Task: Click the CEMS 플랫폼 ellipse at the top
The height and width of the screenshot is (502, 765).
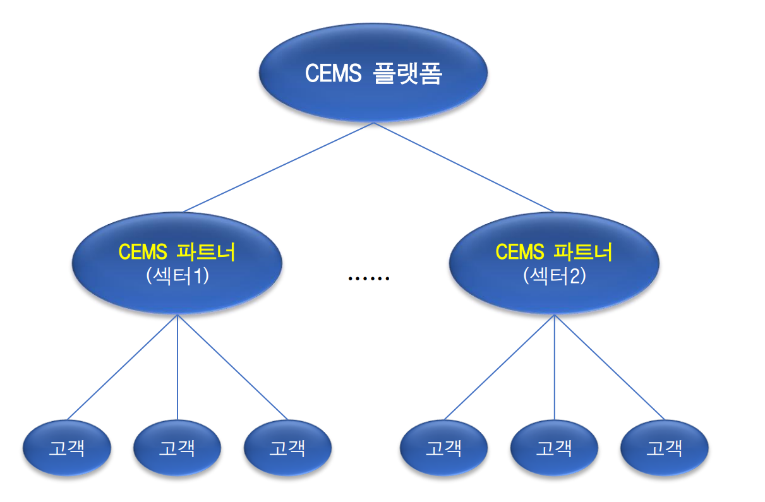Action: click(373, 73)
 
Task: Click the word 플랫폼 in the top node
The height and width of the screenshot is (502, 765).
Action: click(408, 73)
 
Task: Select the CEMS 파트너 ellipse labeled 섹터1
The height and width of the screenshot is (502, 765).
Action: click(177, 263)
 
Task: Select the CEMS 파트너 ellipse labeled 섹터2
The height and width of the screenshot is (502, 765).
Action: click(554, 263)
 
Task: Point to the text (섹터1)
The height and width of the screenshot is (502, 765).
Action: click(178, 276)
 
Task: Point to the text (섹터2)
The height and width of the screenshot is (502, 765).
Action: click(555, 276)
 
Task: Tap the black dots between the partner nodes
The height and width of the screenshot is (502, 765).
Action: click(369, 279)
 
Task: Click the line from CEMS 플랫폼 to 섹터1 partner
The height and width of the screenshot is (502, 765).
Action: click(279, 167)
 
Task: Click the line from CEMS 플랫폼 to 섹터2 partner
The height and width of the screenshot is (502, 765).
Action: click(464, 167)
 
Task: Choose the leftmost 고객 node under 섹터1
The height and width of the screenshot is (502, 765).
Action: click(67, 448)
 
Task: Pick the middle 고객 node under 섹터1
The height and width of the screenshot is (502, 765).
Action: click(178, 448)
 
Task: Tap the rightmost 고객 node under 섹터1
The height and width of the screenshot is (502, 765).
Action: click(287, 448)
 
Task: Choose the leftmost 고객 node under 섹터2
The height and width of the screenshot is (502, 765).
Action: click(444, 448)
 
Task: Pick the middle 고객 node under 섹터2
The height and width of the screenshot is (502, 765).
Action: click(554, 448)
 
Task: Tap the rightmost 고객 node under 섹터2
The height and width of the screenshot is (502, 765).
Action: click(665, 448)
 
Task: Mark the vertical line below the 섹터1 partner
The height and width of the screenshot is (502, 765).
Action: click(178, 368)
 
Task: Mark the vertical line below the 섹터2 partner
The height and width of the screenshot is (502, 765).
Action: click(554, 368)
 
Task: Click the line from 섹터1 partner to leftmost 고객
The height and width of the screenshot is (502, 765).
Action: click(123, 368)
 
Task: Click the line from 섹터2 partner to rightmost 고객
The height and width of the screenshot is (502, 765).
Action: click(610, 368)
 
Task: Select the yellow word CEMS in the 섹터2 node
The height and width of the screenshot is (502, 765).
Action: click(520, 252)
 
